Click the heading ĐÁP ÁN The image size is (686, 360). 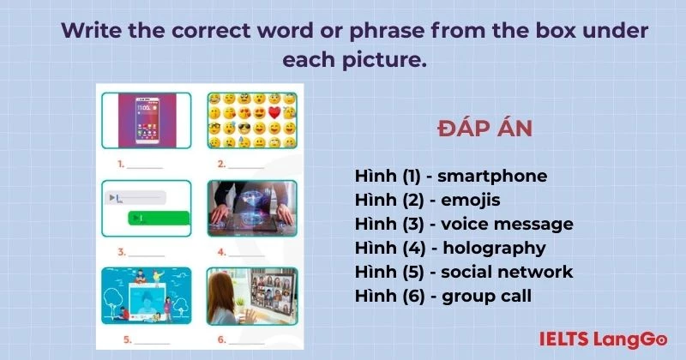point(484,129)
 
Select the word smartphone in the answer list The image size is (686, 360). point(491,176)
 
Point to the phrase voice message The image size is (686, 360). point(505,224)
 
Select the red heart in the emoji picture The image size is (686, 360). point(274,112)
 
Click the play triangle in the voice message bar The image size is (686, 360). point(111,198)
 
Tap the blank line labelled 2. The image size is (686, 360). point(246,164)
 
